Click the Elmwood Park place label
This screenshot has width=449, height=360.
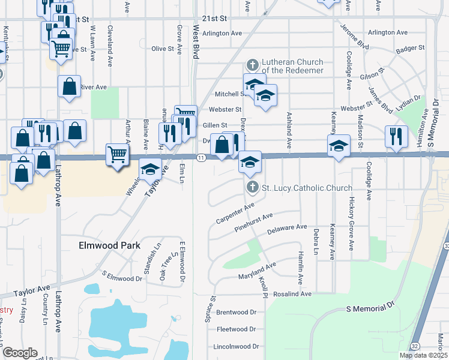pos(110,245)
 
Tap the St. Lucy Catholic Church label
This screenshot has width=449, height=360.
pos(307,188)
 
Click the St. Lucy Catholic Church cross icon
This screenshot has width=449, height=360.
pos(253,188)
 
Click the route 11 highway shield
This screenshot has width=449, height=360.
pos(201,158)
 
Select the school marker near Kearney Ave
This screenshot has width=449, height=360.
pos(339,145)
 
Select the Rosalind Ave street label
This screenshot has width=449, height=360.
pos(293,294)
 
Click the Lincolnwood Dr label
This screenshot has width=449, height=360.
pos(236,346)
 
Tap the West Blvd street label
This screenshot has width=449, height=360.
pos(196,41)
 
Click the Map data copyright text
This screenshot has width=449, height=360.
pos(421,355)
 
